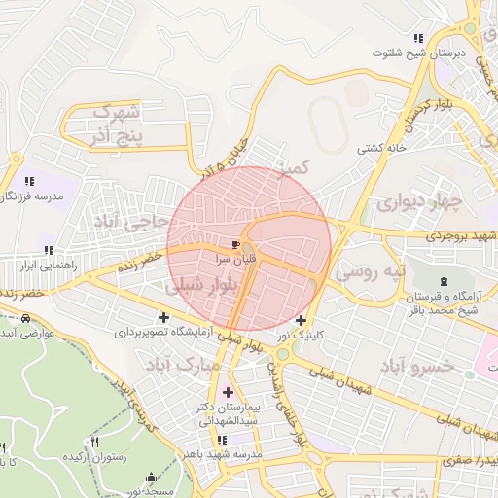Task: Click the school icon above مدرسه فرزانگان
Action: click(28, 180)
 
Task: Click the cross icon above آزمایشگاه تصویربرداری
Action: click(162, 316)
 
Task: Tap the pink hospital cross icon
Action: click(229, 393)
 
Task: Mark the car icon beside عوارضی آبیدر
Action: click(25, 318)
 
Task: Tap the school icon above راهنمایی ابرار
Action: click(39, 249)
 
